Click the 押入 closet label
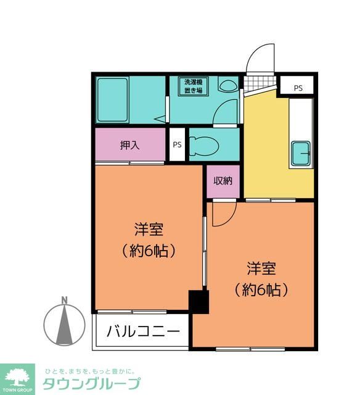coord(130,146)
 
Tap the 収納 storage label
coord(223,181)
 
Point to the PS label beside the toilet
coord(177,146)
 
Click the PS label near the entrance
coord(298,88)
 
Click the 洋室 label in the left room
coord(149,230)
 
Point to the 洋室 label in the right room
coord(261,268)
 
